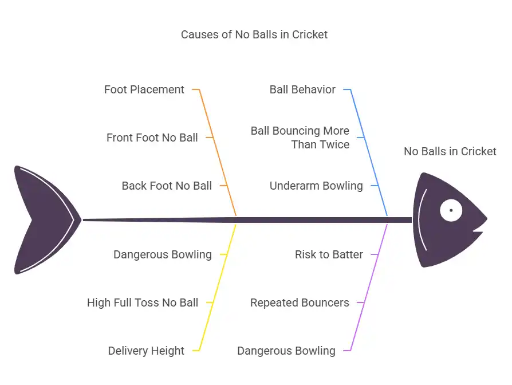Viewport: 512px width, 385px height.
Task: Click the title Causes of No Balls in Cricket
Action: pos(254,34)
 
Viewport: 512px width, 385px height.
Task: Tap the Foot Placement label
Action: pos(144,89)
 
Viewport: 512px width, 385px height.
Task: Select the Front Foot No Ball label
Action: pos(152,137)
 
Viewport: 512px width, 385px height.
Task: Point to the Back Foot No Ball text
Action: pos(167,186)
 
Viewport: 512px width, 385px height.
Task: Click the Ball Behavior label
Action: pos(302,89)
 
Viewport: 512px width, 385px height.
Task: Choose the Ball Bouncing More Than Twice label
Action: pos(300,137)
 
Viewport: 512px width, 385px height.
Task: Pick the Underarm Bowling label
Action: pos(316,186)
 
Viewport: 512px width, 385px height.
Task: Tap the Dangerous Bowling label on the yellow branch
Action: pos(163,254)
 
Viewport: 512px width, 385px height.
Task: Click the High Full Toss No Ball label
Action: pos(143,302)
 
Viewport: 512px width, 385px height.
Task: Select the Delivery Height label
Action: pos(146,351)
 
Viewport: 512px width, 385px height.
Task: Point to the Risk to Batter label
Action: pos(329,254)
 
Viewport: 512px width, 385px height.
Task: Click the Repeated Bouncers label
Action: pos(300,302)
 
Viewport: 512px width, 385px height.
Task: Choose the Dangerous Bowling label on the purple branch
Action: pos(286,351)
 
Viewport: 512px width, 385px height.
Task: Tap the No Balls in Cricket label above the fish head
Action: pos(450,151)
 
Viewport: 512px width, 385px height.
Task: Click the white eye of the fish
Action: pos(451,210)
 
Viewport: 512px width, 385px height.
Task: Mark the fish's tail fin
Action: pos(43,219)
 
